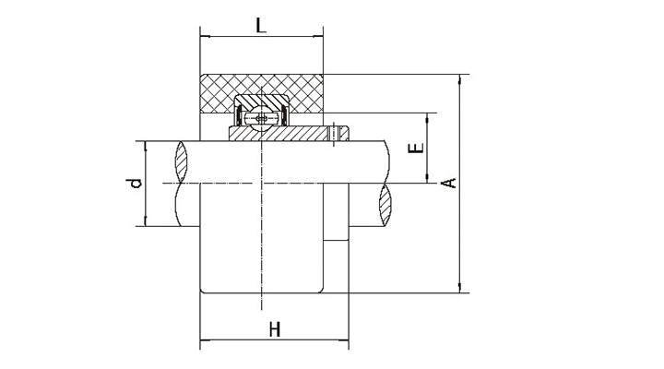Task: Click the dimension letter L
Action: click(261, 26)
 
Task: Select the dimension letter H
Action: click(275, 328)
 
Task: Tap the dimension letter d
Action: click(135, 183)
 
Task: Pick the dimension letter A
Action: click(449, 183)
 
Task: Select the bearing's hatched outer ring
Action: click(262, 101)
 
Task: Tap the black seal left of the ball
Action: click(239, 116)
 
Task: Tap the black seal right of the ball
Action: click(285, 116)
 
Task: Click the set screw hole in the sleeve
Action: click(334, 134)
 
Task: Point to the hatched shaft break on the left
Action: click(182, 161)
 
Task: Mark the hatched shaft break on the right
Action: click(385, 204)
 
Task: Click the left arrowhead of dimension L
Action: click(204, 36)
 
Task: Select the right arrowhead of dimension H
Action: click(345, 339)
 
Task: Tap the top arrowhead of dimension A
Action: click(460, 78)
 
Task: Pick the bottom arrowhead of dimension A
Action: click(460, 288)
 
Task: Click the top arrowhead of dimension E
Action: click(427, 118)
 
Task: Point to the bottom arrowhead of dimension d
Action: click(146, 221)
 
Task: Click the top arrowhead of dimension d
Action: click(146, 146)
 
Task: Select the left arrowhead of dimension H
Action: click(204, 339)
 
